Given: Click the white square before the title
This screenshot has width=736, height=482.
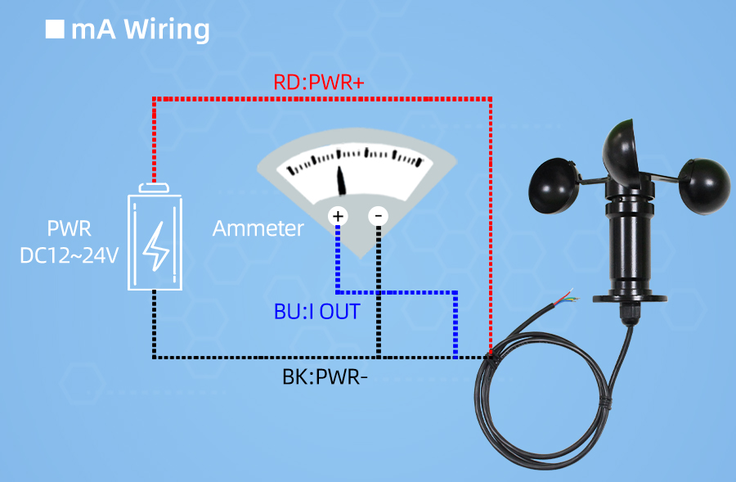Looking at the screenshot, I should click(x=55, y=29).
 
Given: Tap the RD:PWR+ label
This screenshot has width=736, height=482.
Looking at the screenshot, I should click(x=318, y=83).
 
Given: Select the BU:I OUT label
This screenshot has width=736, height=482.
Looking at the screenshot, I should click(x=316, y=312).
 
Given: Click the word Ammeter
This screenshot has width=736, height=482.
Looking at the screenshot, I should click(x=258, y=228).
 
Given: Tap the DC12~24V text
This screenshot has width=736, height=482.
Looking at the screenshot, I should click(x=70, y=255).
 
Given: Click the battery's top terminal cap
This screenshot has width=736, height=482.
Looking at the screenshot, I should click(x=155, y=188).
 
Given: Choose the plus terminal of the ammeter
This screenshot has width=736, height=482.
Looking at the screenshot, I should click(x=338, y=216).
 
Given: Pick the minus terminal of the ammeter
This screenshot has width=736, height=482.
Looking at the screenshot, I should click(x=378, y=216).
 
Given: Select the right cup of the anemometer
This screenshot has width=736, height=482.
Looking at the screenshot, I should click(x=704, y=184).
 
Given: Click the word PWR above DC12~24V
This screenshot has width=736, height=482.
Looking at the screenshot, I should click(x=70, y=227).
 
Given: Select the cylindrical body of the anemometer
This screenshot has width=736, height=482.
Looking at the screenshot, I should click(x=631, y=246).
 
